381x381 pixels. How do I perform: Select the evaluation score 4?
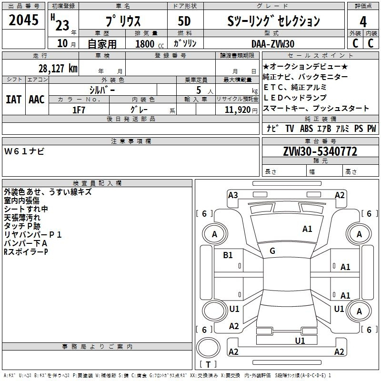pyautogui.click(x=363, y=22)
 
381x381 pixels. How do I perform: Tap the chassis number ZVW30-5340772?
pyautogui.click(x=321, y=151)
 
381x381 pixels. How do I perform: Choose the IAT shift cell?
pyautogui.click(x=13, y=100)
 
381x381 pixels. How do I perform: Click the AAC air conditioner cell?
pyautogui.click(x=36, y=100)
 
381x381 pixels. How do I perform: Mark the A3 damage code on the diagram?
pyautogui.click(x=233, y=195)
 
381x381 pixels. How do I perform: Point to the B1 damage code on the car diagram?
pyautogui.click(x=228, y=255)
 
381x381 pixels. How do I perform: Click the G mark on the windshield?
pyautogui.click(x=272, y=251)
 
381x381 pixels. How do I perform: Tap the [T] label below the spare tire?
pyautogui.click(x=208, y=365)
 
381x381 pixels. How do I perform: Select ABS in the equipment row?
pyautogui.click(x=306, y=129)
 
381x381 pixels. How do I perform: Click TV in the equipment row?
pyautogui.click(x=290, y=129)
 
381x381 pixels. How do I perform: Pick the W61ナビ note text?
pyautogui.click(x=24, y=151)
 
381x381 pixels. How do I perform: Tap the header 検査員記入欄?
pyautogui.click(x=97, y=183)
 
